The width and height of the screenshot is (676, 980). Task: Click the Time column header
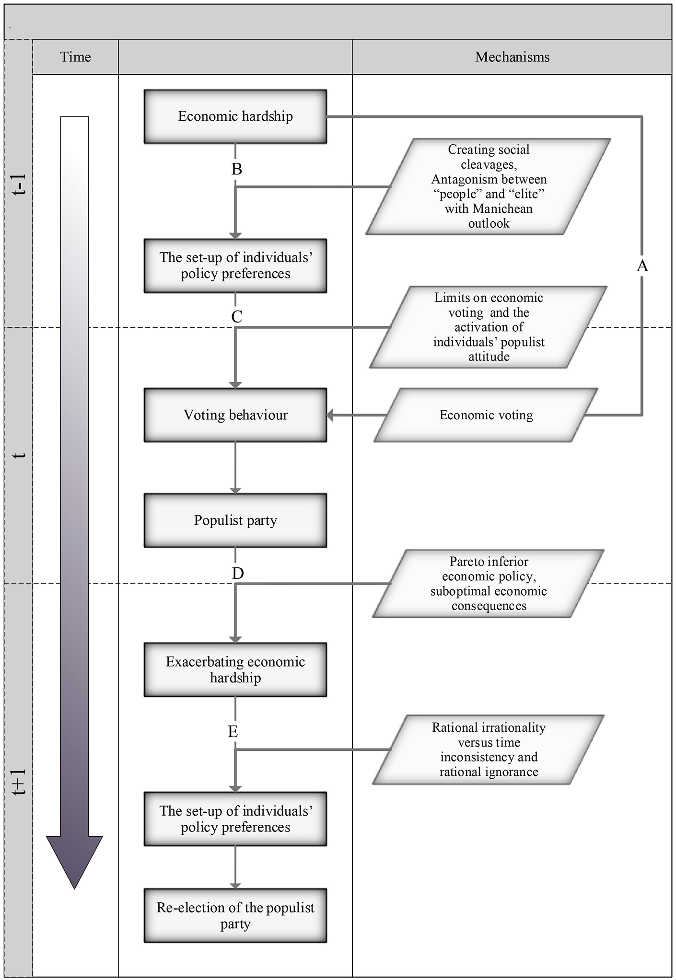pos(75,57)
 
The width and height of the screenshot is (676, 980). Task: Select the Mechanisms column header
pos(512,57)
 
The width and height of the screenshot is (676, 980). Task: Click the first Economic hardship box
pos(235,116)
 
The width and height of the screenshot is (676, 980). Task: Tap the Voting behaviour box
pos(235,415)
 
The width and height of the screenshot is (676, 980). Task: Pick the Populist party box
pos(235,520)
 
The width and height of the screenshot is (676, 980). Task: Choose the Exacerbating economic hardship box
pos(235,669)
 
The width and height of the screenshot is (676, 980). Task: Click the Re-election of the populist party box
pos(235,916)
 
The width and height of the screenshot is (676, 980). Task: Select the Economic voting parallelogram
pos(486,415)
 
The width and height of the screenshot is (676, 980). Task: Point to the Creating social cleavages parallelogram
pos(488,186)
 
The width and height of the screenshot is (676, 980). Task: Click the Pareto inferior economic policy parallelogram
pos(488,584)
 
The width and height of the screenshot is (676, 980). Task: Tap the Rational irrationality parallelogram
pos(488,749)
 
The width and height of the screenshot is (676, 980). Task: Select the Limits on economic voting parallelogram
pos(488,327)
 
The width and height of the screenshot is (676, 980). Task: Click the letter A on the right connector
pos(642,266)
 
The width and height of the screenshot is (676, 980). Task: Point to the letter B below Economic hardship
pos(237,169)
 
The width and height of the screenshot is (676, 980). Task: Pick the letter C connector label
pos(237,317)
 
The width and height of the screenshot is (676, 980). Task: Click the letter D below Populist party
pos(238,573)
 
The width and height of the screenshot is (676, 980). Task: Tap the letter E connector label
pos(233,732)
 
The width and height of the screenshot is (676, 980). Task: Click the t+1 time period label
pos(19,782)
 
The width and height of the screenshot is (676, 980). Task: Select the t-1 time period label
pos(19,184)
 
